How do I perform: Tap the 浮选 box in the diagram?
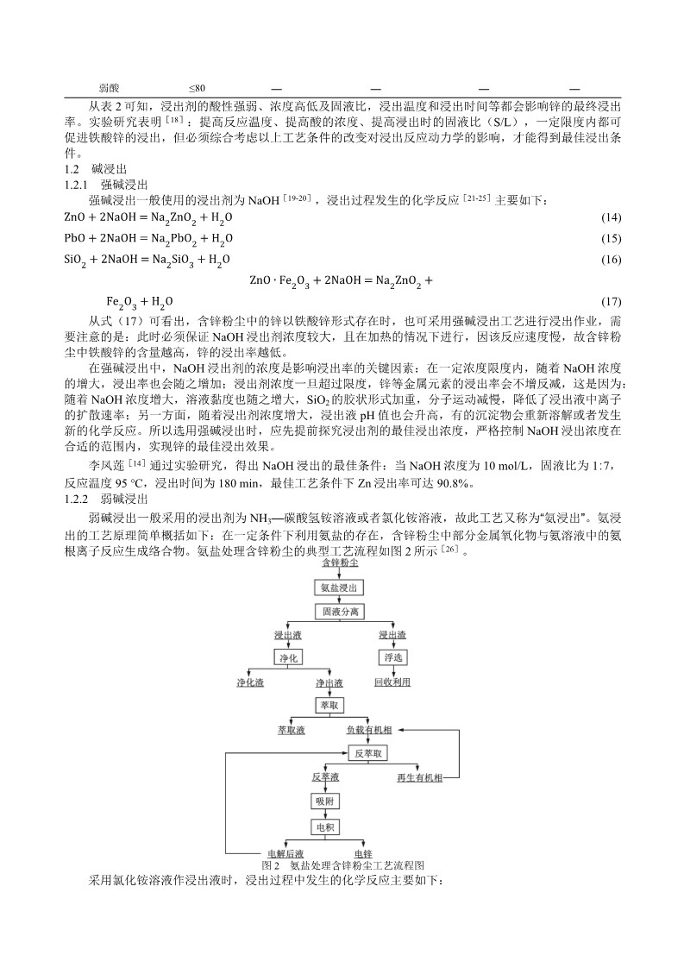tap(392, 657)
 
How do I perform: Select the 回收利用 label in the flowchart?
tap(392, 682)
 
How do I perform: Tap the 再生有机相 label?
tap(419, 777)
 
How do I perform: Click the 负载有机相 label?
tap(370, 730)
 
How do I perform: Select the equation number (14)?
tap(610, 217)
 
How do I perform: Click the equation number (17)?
tap(610, 301)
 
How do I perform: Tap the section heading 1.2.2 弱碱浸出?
tap(108, 499)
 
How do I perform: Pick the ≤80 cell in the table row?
tap(197, 88)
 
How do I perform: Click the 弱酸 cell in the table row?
tap(109, 88)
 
